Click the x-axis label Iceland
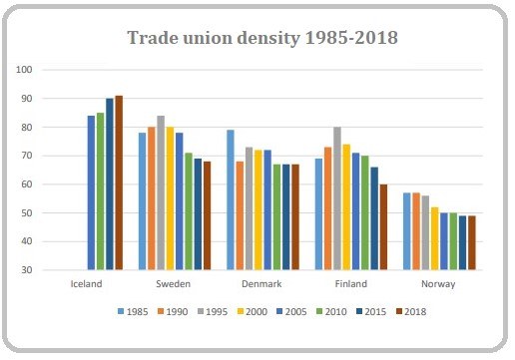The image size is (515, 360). point(87,281)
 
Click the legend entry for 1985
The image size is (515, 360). point(132,311)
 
